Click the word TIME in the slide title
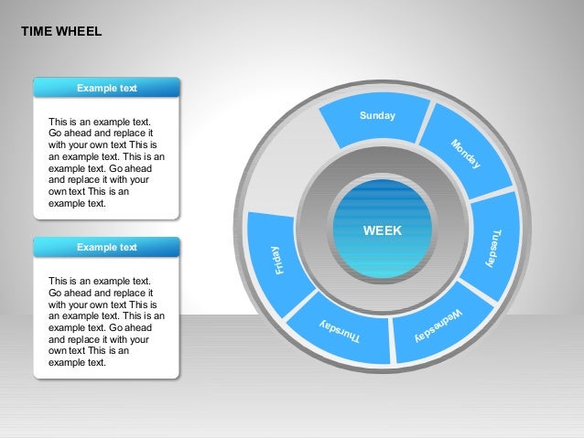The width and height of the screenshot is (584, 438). [37, 31]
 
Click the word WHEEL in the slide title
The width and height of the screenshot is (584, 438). [80, 31]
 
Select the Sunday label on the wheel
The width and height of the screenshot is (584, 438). [377, 116]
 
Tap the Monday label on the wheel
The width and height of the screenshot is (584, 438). [465, 154]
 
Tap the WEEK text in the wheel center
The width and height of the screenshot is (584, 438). [382, 231]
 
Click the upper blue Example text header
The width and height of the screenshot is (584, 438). [106, 88]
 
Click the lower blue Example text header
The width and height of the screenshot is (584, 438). [106, 247]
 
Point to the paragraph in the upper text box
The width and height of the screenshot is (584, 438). [106, 163]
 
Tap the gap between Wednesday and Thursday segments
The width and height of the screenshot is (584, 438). [391, 338]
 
